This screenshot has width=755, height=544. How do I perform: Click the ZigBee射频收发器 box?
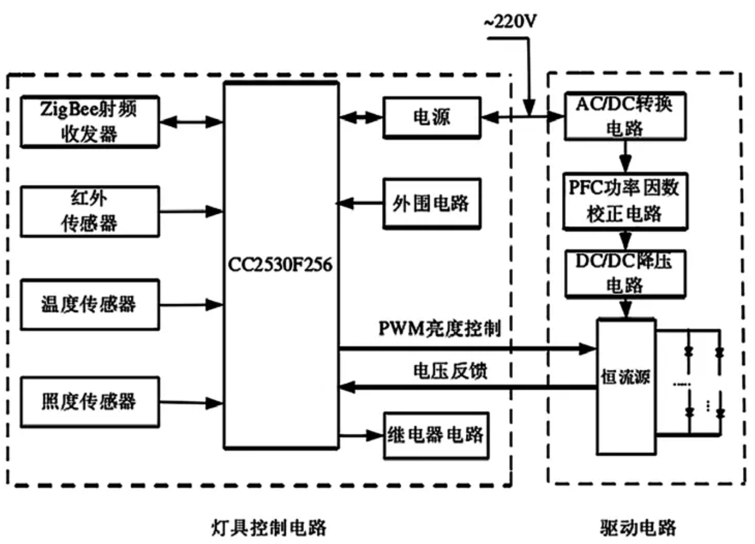(89, 122)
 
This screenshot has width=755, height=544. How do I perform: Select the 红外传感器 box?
(89, 211)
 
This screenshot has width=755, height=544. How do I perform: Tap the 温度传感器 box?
(89, 304)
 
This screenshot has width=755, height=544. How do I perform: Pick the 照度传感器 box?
(89, 401)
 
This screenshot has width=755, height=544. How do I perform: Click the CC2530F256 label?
(280, 265)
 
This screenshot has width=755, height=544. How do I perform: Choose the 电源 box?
(432, 118)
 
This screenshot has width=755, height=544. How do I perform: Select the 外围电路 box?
(432, 204)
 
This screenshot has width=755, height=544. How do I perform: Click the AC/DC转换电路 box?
(625, 116)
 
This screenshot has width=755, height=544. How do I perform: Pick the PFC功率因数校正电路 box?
(625, 201)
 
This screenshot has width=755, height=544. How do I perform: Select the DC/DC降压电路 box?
(625, 274)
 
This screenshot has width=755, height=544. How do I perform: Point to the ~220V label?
(510, 21)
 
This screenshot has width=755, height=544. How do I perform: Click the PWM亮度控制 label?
(439, 328)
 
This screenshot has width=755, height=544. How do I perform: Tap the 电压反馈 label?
(450, 371)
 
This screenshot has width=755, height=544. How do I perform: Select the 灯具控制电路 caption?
(269, 527)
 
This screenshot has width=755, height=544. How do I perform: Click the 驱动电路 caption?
(638, 527)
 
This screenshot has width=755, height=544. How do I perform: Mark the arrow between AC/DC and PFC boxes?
(625, 157)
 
